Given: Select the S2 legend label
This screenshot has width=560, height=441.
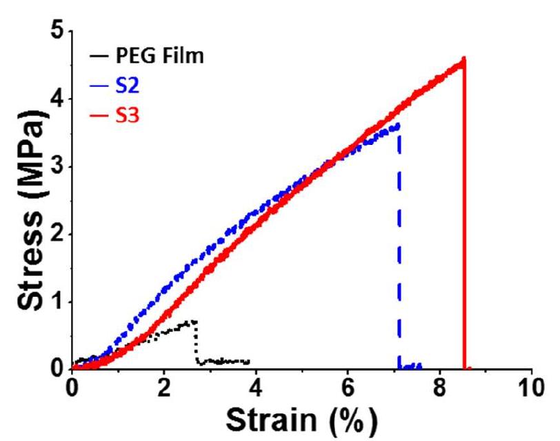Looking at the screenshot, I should pos(126,86).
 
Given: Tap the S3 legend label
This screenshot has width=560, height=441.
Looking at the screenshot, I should pos(126,115).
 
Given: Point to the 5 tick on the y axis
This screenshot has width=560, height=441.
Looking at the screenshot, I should pos(59,32).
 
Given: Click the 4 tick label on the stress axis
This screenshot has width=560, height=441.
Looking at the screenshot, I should pos(59,99).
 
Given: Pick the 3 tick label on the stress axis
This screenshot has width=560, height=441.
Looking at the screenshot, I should pos(59,166).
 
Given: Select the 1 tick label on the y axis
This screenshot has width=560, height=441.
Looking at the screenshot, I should pos(59,302).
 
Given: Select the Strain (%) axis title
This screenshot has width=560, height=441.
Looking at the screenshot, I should pos(302,418).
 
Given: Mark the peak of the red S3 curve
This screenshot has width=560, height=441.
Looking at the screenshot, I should pos(463,60).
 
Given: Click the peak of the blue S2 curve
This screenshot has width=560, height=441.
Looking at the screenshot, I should pos(398,125).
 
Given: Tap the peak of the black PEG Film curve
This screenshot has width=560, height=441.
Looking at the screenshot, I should pos(195,321).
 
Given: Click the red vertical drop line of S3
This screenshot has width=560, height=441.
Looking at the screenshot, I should pos(465,221).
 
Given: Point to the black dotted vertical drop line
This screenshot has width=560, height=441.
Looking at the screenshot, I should pos(197,342).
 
